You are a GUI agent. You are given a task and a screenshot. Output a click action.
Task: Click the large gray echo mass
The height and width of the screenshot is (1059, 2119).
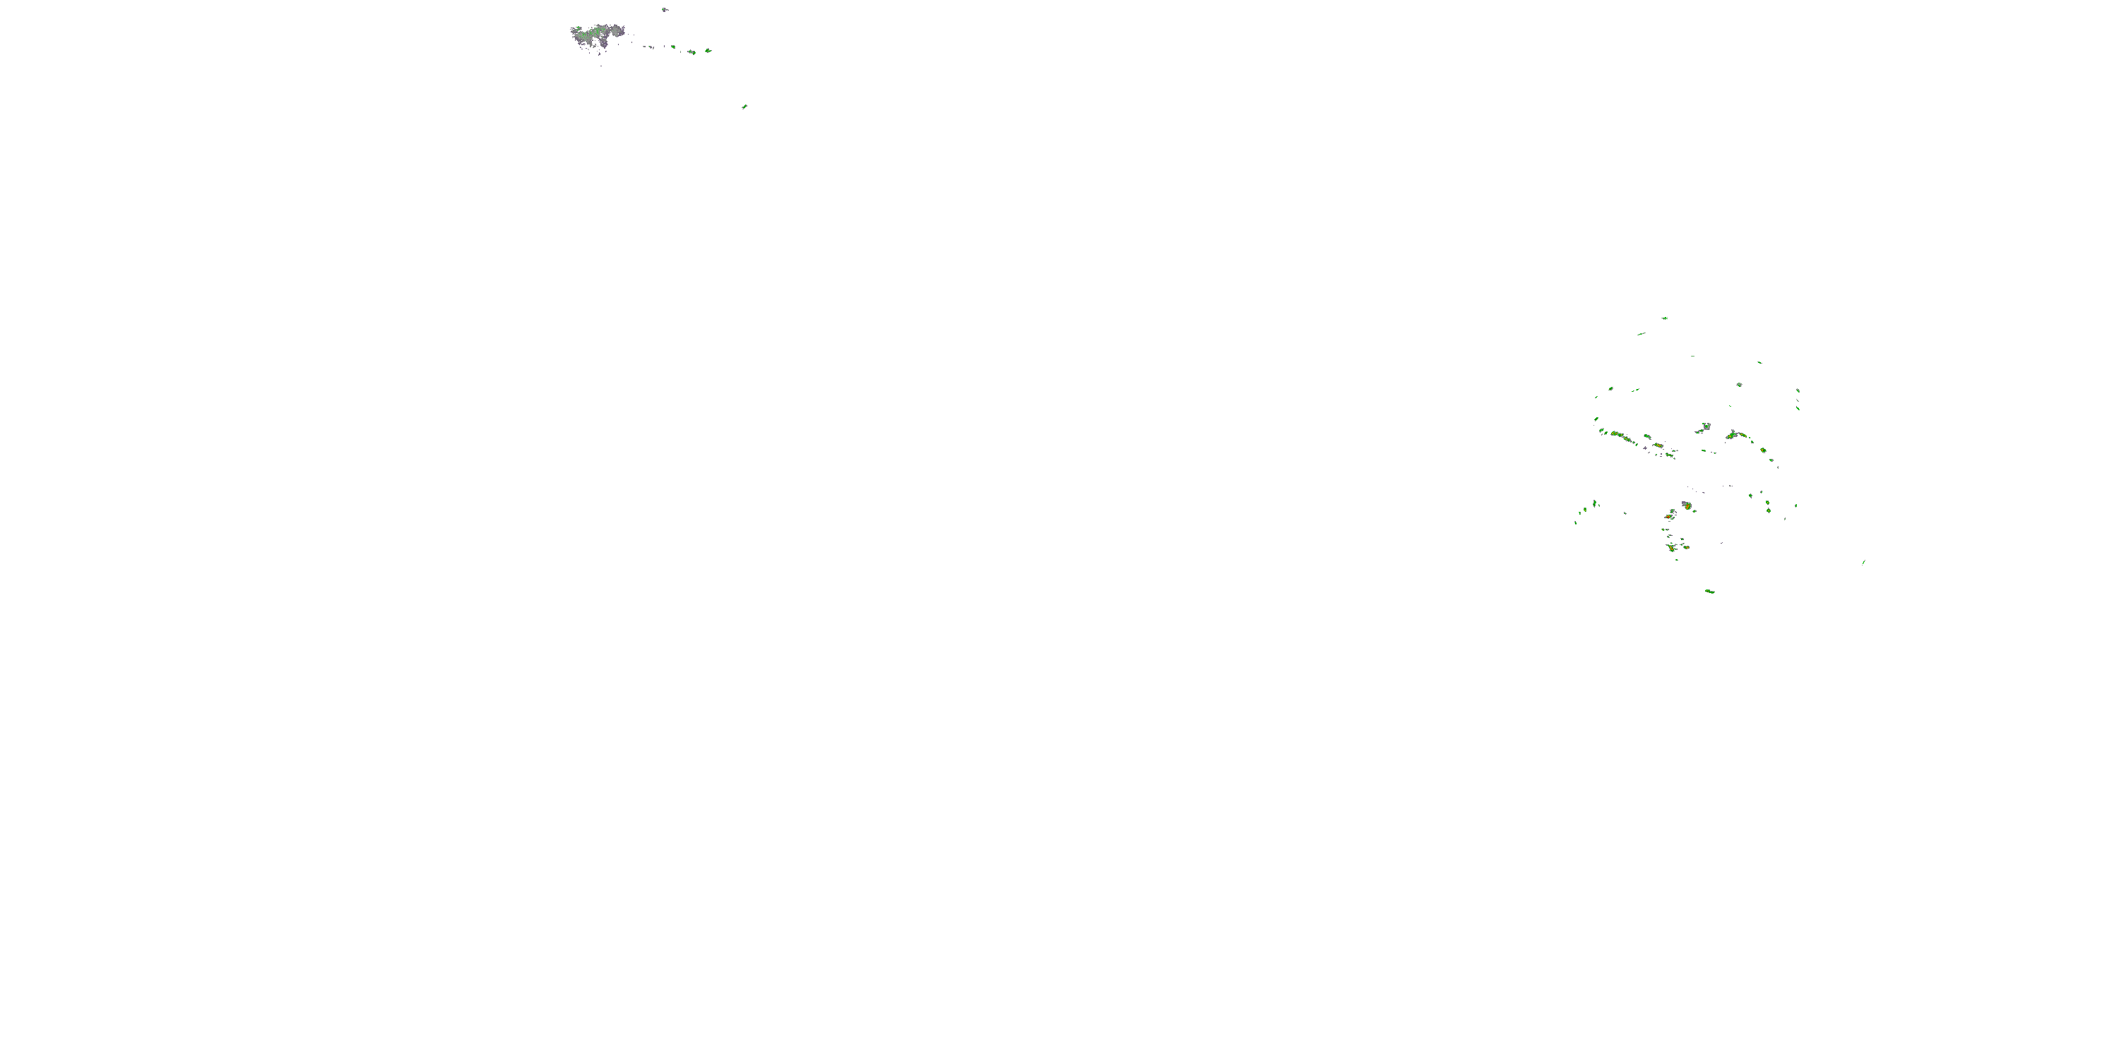596,35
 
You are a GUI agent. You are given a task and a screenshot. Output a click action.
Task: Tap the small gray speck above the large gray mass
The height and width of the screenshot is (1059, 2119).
665,10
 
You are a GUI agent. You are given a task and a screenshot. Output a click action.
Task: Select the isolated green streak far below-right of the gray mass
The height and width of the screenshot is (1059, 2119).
744,106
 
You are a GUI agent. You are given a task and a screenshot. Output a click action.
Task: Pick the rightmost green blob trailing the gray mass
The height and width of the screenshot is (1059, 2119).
708,51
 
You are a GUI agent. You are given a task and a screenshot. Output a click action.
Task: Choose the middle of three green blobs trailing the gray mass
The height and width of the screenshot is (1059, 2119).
691,52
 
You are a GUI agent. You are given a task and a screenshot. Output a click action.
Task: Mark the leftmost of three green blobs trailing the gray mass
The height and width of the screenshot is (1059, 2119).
673,48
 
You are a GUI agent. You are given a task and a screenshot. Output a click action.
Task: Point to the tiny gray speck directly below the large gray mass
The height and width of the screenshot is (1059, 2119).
601,65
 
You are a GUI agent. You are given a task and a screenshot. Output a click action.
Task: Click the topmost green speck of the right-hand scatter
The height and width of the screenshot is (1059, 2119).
1664,318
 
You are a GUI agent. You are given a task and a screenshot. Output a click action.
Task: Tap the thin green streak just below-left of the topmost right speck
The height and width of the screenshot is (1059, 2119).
1641,334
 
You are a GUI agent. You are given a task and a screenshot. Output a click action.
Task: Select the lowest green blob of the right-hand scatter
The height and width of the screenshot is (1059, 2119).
1709,591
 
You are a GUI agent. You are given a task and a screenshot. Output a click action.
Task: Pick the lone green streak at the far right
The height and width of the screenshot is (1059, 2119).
1863,563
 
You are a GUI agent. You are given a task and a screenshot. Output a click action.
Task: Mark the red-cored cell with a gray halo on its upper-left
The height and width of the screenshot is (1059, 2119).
1686,505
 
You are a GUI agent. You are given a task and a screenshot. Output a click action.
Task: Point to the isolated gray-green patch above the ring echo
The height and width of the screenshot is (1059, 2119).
1739,384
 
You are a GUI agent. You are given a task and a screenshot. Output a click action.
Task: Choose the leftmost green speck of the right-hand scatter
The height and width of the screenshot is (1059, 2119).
1576,522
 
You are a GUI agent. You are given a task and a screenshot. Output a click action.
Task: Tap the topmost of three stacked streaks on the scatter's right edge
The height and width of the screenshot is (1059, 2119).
1798,390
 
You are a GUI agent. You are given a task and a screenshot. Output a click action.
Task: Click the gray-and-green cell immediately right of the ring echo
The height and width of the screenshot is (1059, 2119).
1734,434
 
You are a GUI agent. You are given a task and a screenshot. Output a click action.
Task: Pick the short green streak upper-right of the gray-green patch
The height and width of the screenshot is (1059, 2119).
1759,361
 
